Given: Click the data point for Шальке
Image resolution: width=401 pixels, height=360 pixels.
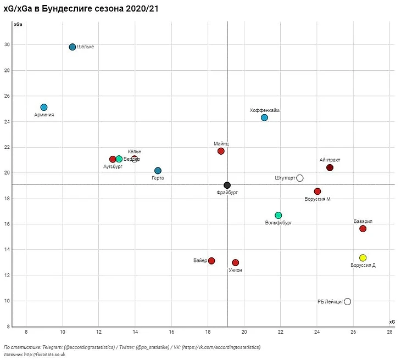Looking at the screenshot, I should coord(73,47).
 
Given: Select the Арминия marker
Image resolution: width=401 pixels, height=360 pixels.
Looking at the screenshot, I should coord(44,107).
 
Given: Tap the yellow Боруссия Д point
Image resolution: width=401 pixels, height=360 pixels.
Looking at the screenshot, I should coord(363,258).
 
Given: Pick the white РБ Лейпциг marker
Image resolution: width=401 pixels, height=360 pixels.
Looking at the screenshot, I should coord(347,301).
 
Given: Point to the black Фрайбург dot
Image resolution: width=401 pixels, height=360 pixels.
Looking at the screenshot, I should coord(227,185).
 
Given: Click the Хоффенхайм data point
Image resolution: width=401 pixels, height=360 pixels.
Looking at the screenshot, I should coord(264,117).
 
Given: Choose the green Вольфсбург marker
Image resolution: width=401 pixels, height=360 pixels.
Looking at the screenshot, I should coord(278,215).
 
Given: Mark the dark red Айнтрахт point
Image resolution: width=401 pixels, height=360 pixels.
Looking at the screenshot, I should coord(330,167).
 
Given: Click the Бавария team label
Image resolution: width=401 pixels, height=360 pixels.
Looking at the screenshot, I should coord(363,221).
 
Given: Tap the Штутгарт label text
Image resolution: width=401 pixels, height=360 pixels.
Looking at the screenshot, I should coord(285,178).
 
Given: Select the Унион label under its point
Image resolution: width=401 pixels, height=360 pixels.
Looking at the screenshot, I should coord(235,270).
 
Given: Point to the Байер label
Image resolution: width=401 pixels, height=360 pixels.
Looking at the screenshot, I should coord(200,260).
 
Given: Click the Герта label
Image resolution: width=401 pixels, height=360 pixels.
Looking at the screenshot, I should coord(158,178).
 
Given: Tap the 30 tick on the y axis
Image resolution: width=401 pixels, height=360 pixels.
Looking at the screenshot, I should coord(7,44).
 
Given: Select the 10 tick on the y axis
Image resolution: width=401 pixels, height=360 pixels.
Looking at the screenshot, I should coord(7,301).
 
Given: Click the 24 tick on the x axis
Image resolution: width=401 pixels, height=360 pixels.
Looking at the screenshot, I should coord(317,333).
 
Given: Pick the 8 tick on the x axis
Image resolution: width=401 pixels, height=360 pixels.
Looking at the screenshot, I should coord(26,333).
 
